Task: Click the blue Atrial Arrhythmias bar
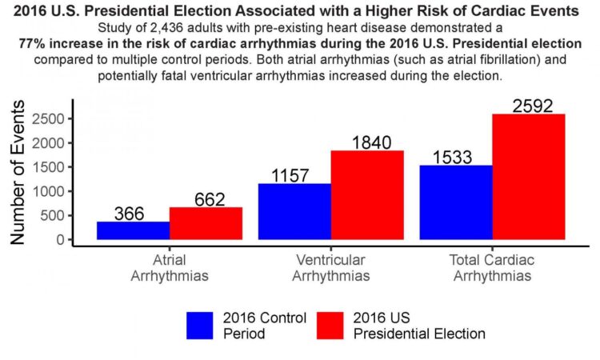pyautogui.click(x=133, y=230)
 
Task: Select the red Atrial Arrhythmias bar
pyautogui.click(x=206, y=223)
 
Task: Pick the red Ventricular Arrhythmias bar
pyautogui.click(x=367, y=194)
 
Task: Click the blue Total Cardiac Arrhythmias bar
pyautogui.click(x=455, y=202)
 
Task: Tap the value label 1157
pyautogui.click(x=294, y=175)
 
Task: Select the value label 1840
pyautogui.click(x=367, y=142)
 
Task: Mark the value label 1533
pyautogui.click(x=455, y=158)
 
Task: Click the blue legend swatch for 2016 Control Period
pyautogui.click(x=201, y=325)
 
